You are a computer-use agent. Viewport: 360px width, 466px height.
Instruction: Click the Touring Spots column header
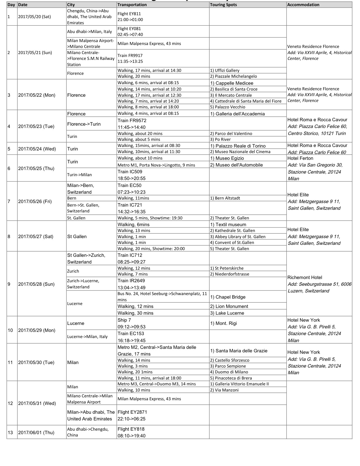pos(223,5)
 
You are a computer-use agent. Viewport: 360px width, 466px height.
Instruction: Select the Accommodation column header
pos(303,5)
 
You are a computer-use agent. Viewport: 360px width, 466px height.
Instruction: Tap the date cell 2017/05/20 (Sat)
pos(34,17)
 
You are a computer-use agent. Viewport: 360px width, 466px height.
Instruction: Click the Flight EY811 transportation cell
pos(130,17)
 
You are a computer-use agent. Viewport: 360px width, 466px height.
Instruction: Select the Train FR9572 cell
pos(132,124)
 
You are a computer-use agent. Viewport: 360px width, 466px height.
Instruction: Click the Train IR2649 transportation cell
pos(131,284)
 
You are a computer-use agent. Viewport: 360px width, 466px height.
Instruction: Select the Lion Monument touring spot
pos(229,306)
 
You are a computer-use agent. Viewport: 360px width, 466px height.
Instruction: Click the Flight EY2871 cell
pos(132,415)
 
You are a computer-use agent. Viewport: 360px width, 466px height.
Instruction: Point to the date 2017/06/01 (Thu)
pos(36,432)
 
